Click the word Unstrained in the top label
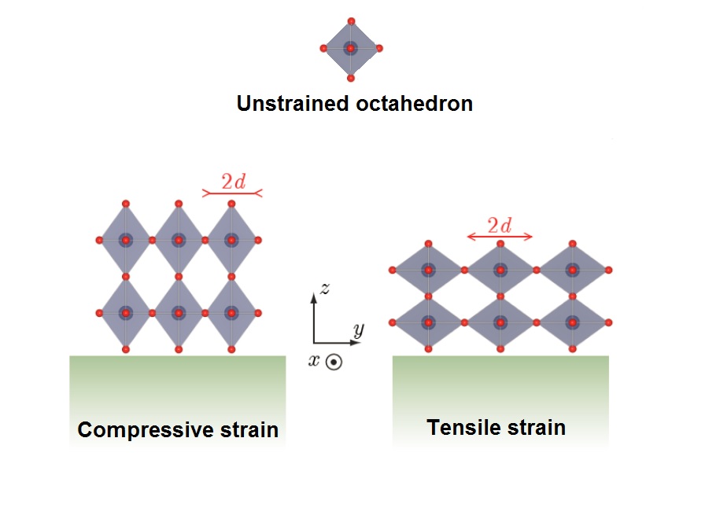click(x=293, y=103)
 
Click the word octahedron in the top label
click(x=414, y=103)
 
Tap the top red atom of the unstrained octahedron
click(x=351, y=21)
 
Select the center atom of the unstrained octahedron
click(x=351, y=48)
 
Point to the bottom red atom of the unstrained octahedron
click(x=351, y=78)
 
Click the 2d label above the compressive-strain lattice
click(x=234, y=182)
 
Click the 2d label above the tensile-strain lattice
click(x=500, y=226)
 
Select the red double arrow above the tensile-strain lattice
click(x=500, y=237)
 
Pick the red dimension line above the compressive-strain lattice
click(x=232, y=193)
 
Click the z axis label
click(x=325, y=289)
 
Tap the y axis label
click(x=358, y=331)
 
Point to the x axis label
click(x=314, y=360)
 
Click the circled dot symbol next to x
click(x=334, y=363)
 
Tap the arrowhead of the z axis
click(x=314, y=296)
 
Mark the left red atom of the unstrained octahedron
click(x=323, y=48)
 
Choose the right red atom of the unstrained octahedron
click(x=379, y=48)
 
